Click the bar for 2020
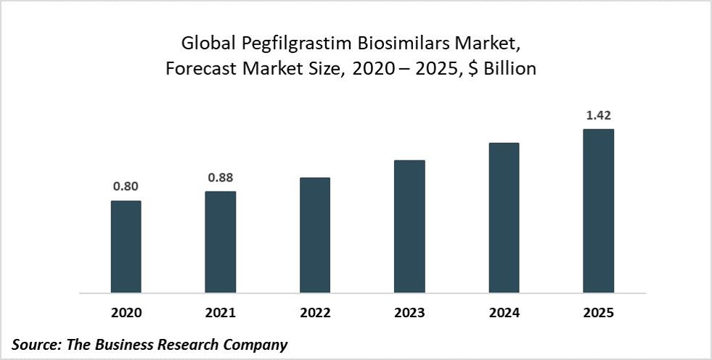126,247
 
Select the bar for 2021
220,242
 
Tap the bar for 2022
314,235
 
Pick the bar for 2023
409,226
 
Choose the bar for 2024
504,218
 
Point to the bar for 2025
598,211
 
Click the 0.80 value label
126,187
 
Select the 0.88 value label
220,177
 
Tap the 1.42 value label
598,115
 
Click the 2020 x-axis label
126,314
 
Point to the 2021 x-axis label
220,314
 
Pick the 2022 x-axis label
314,314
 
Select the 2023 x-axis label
409,314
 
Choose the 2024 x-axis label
504,314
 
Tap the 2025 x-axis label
598,314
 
